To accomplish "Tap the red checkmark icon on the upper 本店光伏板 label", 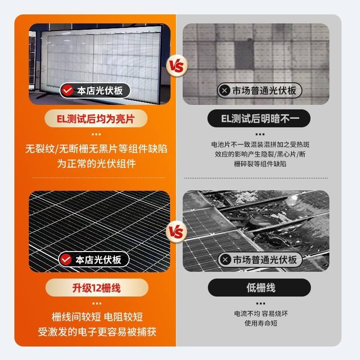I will [x=67, y=90].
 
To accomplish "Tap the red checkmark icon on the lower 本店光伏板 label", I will [x=66, y=260].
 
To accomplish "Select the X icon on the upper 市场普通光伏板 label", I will [x=224, y=90].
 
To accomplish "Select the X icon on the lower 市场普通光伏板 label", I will [x=225, y=260].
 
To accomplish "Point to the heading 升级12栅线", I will [x=96, y=288].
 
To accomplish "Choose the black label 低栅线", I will [x=260, y=288].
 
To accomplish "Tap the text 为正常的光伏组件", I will [x=96, y=164].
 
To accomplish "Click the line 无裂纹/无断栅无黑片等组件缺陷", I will [x=96, y=149].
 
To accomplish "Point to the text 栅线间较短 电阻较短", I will [x=96, y=317].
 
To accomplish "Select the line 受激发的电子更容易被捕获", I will [x=96, y=332].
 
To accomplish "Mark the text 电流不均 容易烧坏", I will [x=260, y=314].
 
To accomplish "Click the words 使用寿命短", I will [x=260, y=324].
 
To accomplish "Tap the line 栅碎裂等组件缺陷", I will [x=260, y=164].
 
